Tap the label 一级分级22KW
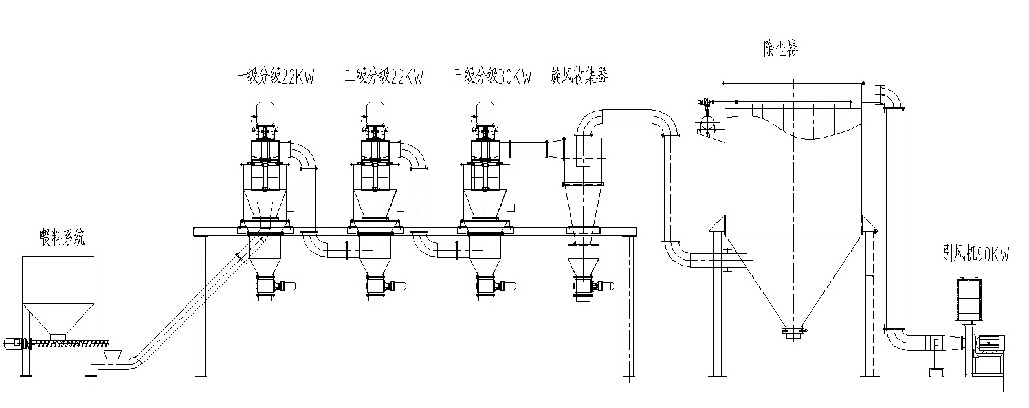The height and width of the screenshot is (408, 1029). pyautogui.click(x=274, y=78)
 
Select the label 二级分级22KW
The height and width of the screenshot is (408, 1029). pyautogui.click(x=384, y=78)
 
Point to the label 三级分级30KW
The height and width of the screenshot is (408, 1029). pyautogui.click(x=492, y=78)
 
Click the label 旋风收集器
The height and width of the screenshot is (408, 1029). pyautogui.click(x=579, y=76)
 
